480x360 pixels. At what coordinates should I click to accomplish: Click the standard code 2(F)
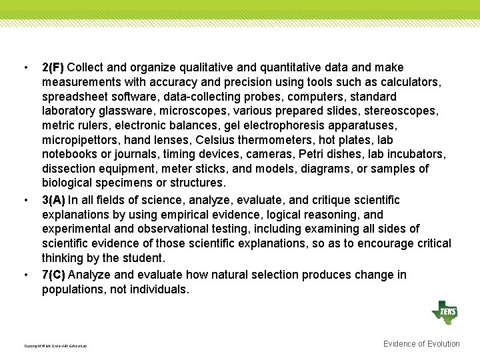53,67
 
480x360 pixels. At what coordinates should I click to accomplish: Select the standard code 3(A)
53,200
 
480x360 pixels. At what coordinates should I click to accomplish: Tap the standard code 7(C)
53,275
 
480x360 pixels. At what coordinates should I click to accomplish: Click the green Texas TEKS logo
445,312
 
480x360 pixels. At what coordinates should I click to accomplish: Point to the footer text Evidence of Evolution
421,344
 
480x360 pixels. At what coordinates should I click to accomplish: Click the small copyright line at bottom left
55,346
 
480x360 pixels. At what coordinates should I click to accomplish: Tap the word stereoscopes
404,111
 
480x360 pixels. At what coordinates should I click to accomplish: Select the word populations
74,289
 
